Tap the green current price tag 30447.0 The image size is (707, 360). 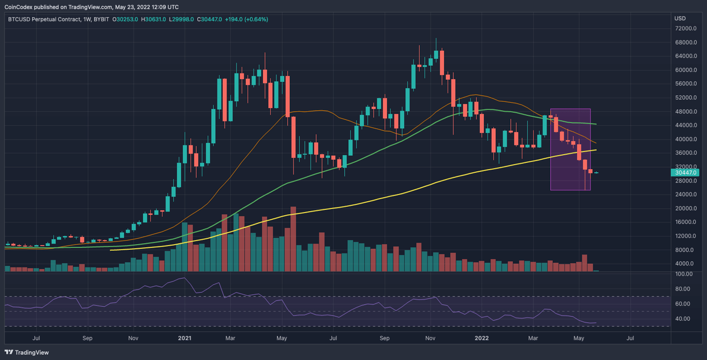point(686,173)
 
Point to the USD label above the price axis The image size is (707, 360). point(680,19)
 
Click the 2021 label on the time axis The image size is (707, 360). point(184,338)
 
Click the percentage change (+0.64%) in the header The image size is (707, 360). point(255,19)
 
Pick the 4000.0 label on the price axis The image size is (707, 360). point(686,264)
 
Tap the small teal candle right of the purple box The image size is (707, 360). point(596,173)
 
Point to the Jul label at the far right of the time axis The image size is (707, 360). point(630,338)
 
